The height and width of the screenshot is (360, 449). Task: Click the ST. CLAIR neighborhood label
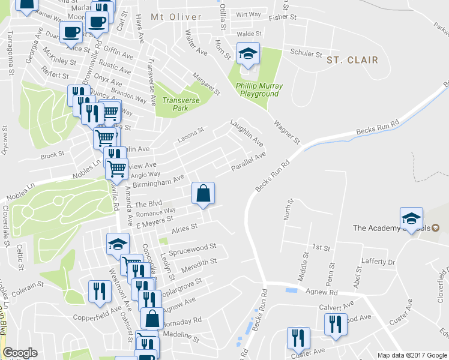tap(352, 60)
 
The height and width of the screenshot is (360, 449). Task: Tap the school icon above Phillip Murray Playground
tap(248, 55)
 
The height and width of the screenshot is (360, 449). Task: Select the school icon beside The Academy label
tap(412, 218)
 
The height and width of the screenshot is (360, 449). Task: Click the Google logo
tap(20, 353)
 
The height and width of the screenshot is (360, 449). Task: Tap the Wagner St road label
tap(286, 133)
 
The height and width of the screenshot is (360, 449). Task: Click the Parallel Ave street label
tap(248, 161)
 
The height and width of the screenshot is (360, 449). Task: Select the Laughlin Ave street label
tap(247, 134)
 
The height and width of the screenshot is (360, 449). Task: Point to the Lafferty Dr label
tap(379, 262)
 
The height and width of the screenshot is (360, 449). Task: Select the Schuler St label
tap(306, 53)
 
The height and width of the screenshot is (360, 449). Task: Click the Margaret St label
tap(206, 83)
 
